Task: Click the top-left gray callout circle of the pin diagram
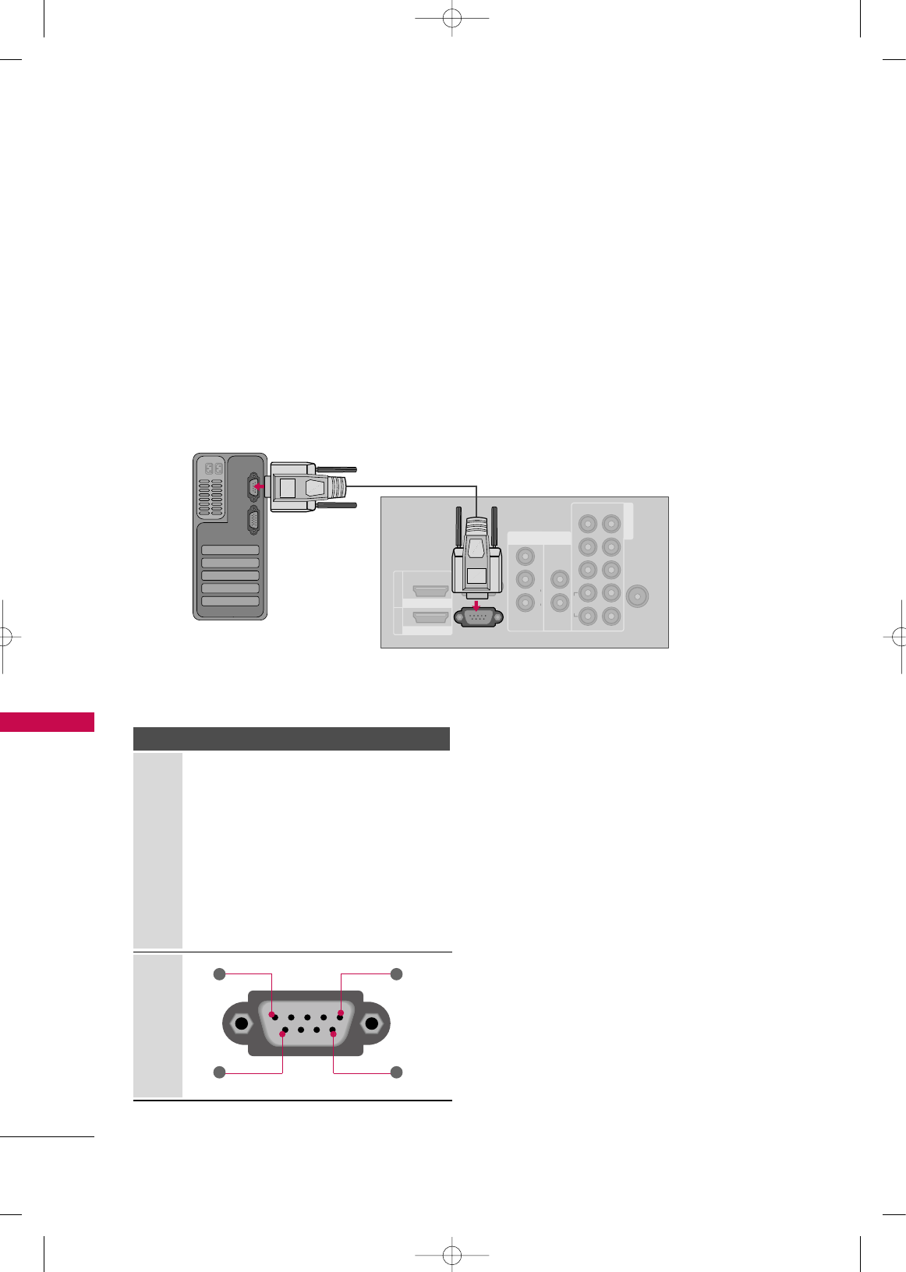point(220,973)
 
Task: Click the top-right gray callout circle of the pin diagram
point(396,973)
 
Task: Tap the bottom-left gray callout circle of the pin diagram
point(220,1072)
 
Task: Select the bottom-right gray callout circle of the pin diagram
point(396,1072)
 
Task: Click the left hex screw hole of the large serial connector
point(242,1023)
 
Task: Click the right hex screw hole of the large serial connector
point(372,1023)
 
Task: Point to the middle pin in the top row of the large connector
point(307,1017)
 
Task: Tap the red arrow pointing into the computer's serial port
point(259,486)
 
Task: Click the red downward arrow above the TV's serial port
point(476,606)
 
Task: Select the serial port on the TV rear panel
point(478,617)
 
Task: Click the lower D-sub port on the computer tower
point(253,520)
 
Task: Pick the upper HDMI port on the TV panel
point(430,590)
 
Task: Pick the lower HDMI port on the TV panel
point(430,617)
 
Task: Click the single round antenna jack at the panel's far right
point(637,597)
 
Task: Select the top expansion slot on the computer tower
point(230,549)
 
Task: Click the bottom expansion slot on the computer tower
point(230,601)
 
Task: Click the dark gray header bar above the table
point(292,739)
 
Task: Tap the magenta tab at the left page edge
point(47,722)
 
